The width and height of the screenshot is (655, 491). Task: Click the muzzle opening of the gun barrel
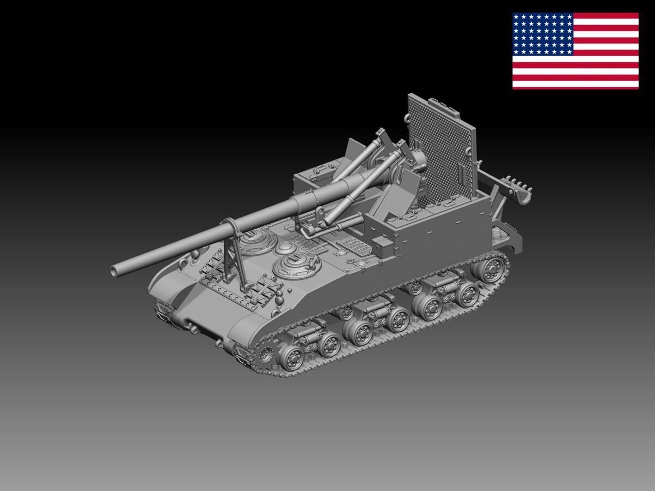(x=115, y=270)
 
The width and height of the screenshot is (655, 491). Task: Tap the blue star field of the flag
(x=543, y=34)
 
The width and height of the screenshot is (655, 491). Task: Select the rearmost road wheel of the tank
(x=493, y=268)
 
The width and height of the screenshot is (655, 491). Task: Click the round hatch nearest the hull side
(x=293, y=266)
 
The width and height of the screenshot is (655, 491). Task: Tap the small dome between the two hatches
(x=287, y=248)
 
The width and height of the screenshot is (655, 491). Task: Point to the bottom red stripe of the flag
(x=575, y=85)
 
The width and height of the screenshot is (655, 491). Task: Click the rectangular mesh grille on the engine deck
(x=349, y=244)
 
